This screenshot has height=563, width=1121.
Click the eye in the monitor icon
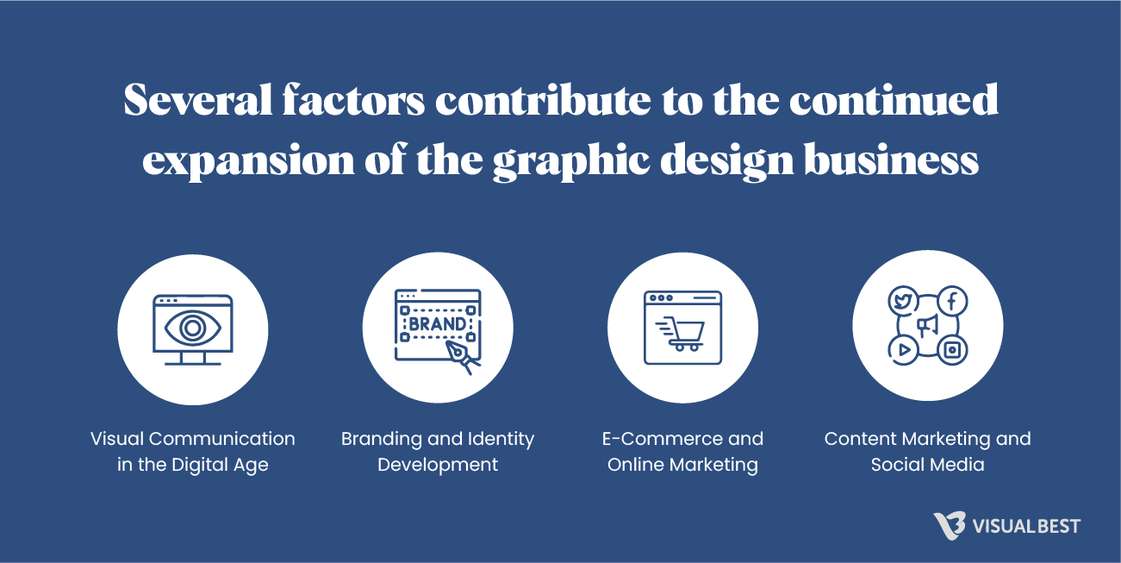[x=192, y=328]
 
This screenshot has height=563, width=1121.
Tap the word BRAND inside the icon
[x=438, y=324]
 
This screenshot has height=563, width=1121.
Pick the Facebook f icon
[x=952, y=301]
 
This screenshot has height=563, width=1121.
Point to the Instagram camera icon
[x=952, y=349]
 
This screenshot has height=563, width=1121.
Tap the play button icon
[x=903, y=349]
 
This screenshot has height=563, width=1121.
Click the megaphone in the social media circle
[x=927, y=325]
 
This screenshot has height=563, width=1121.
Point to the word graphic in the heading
[x=568, y=161]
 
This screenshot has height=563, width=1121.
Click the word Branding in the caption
[x=380, y=439]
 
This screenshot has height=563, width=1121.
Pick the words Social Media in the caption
[x=927, y=465]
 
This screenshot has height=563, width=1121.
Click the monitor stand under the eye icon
[x=192, y=359]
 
